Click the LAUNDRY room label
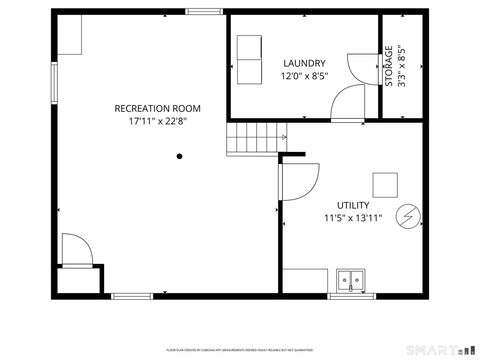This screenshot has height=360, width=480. pyautogui.click(x=304, y=63)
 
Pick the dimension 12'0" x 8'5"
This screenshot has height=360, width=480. pyautogui.click(x=304, y=76)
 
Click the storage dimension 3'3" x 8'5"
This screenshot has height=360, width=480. pyautogui.click(x=402, y=66)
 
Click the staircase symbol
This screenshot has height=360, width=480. pyautogui.click(x=256, y=138)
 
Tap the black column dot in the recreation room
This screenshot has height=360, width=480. pyautogui.click(x=180, y=156)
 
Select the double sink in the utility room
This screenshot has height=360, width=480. pyautogui.click(x=351, y=281)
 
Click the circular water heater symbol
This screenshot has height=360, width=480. pyautogui.click(x=408, y=215)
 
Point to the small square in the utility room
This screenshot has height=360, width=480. pyautogui.click(x=385, y=185)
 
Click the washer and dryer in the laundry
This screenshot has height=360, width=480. pyautogui.click(x=248, y=62)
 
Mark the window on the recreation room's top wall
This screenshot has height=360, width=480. pyautogui.click(x=203, y=12)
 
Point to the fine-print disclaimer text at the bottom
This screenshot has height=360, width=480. pyautogui.click(x=239, y=349)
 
